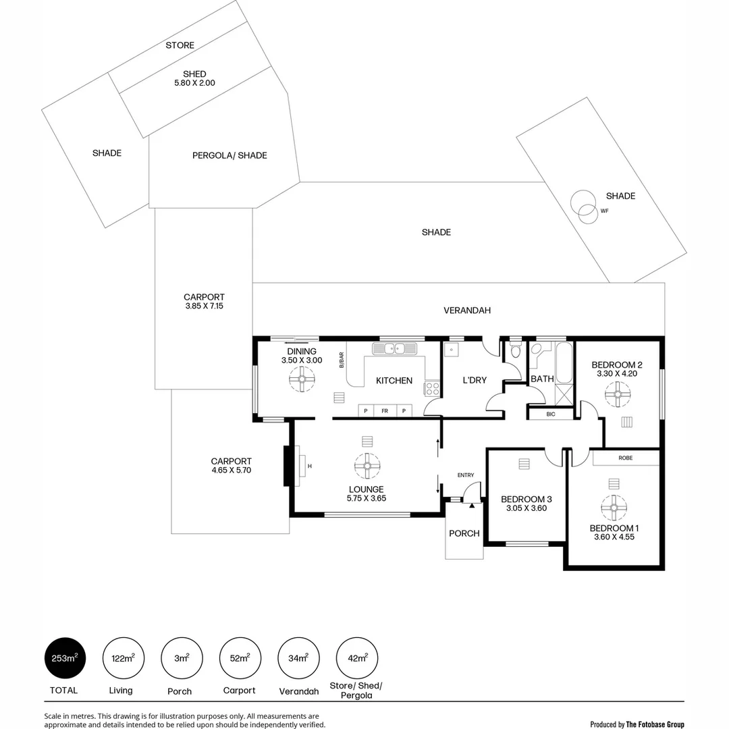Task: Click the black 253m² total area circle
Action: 65,658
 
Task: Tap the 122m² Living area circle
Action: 124,658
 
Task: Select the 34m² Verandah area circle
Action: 299,658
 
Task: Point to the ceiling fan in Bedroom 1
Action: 614,508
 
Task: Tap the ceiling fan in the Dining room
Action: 302,380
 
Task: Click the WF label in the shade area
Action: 604,211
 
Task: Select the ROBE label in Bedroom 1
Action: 625,458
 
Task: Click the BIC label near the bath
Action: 551,414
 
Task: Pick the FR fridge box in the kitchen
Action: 385,410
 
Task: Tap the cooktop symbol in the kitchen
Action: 432,389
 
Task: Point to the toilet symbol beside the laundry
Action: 516,350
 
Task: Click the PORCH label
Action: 464,533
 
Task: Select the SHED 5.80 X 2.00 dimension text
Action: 194,83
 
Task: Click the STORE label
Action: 180,45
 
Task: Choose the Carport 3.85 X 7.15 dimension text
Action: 204,306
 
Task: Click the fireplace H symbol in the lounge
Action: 310,466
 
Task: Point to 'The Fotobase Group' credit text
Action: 655,724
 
